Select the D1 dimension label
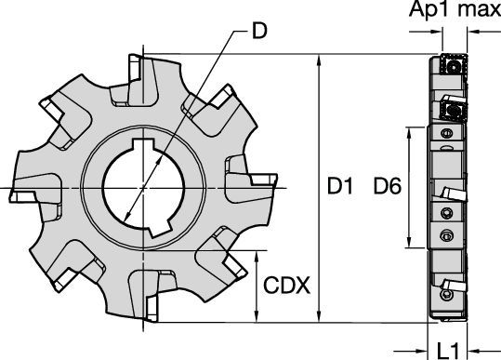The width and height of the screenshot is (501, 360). (x=339, y=187)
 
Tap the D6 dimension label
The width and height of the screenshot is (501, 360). (x=385, y=187)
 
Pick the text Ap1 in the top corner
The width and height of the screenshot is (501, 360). (x=427, y=11)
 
